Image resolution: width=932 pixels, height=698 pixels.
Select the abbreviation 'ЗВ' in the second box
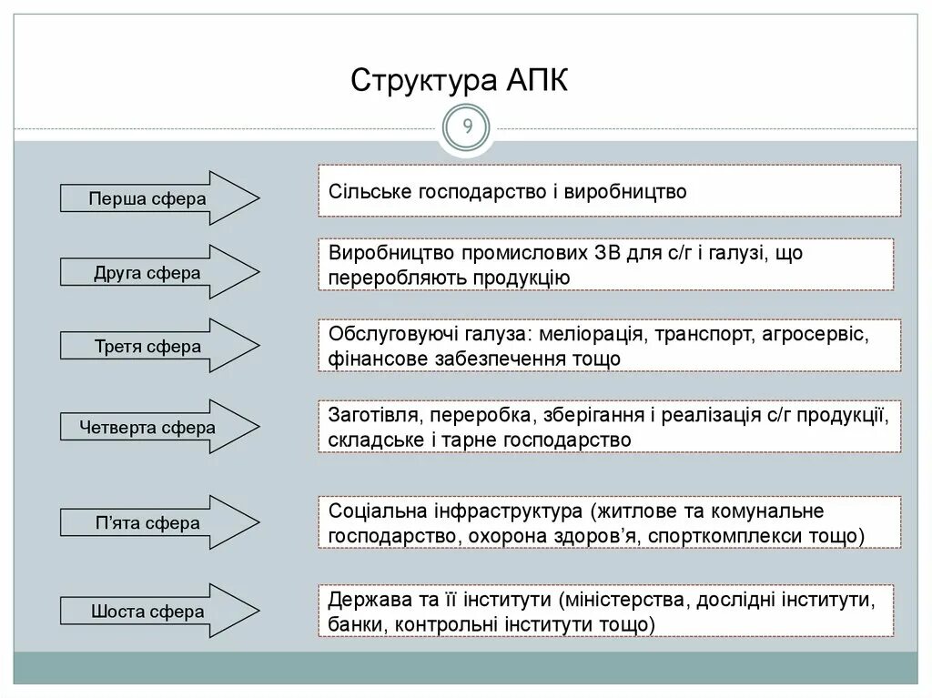606,253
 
